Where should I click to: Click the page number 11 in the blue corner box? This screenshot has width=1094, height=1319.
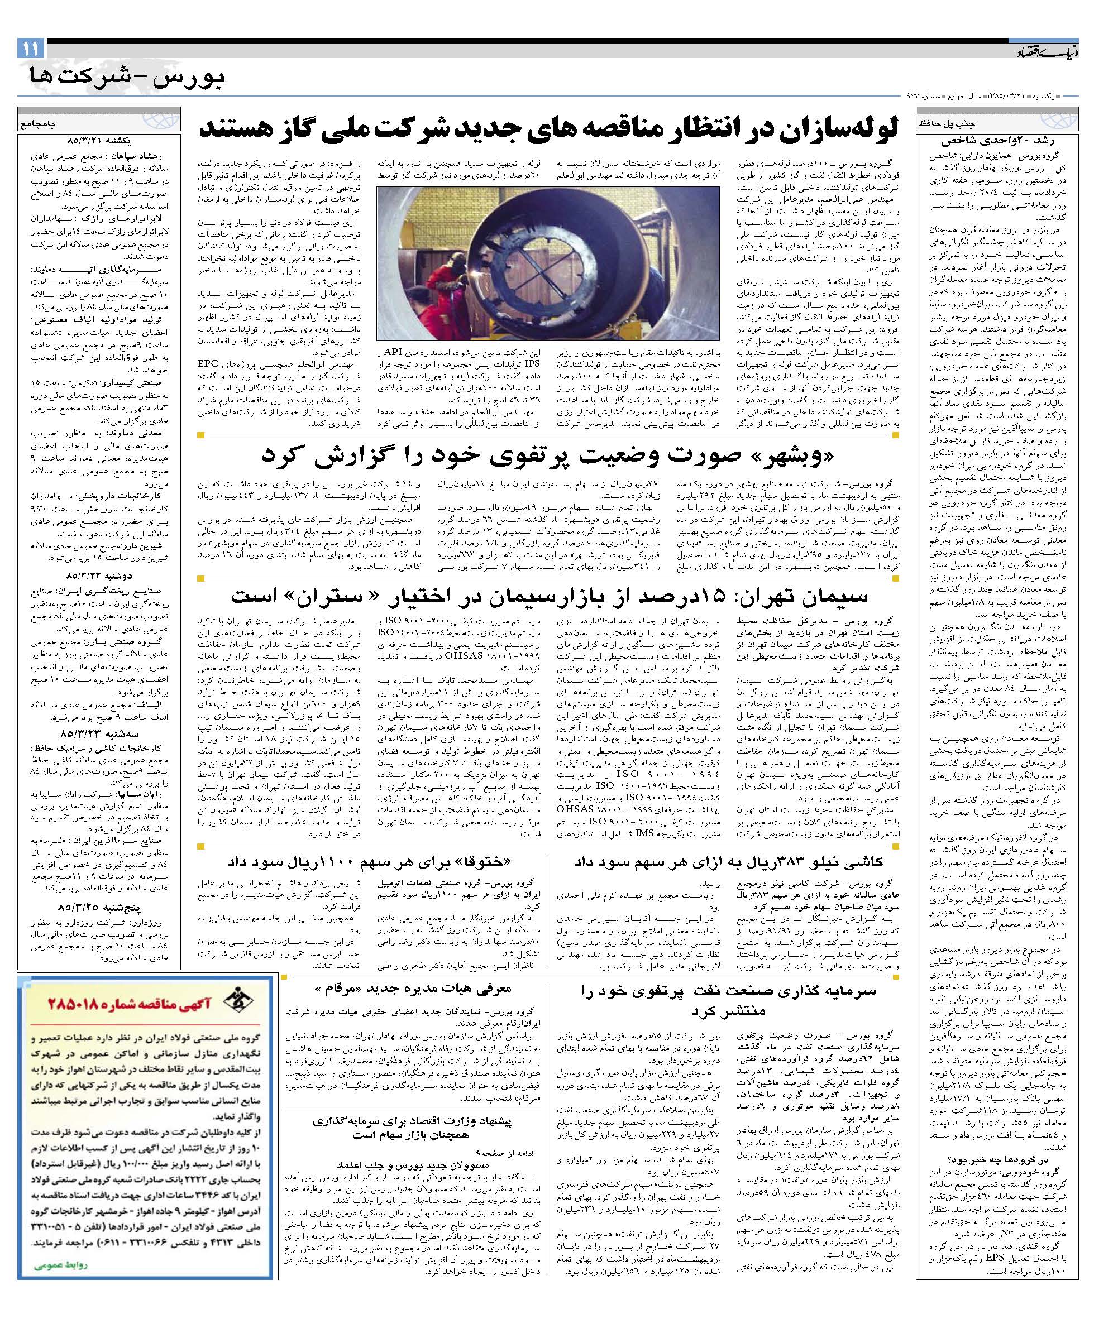click(31, 49)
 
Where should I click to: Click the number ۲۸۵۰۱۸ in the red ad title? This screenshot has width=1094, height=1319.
click(106, 1018)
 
